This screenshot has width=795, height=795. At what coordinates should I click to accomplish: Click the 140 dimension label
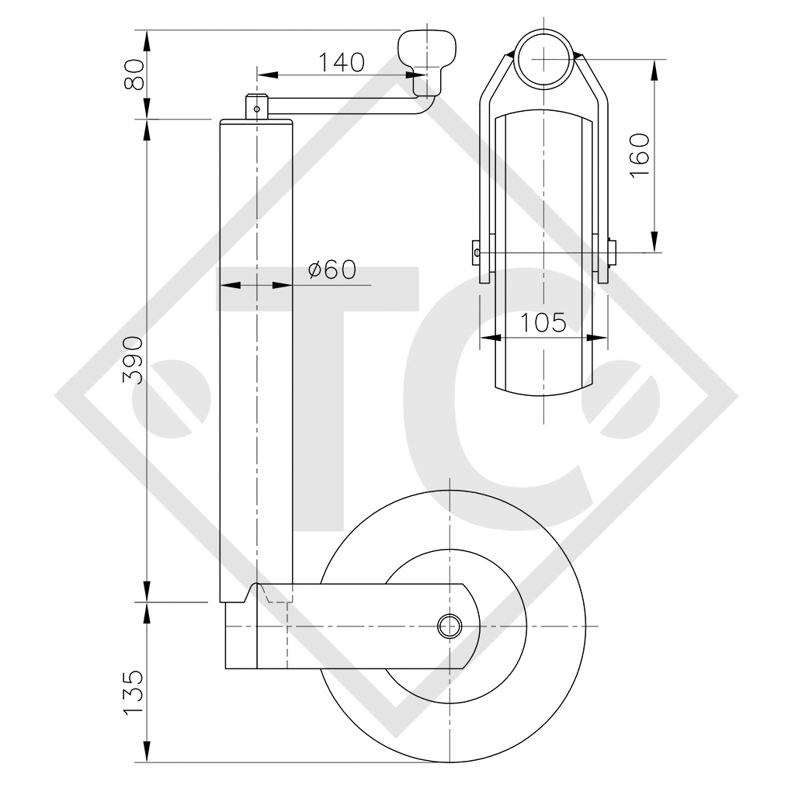(x=341, y=62)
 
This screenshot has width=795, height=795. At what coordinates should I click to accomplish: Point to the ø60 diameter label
(x=332, y=269)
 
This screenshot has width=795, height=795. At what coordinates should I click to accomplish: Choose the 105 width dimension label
(x=543, y=322)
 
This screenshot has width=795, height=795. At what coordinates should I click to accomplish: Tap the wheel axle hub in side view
(x=449, y=625)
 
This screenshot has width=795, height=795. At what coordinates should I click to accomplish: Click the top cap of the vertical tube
(x=256, y=122)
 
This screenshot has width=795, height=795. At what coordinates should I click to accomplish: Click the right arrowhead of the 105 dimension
(x=599, y=338)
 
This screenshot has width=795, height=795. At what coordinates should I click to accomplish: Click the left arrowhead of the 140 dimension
(x=262, y=75)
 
